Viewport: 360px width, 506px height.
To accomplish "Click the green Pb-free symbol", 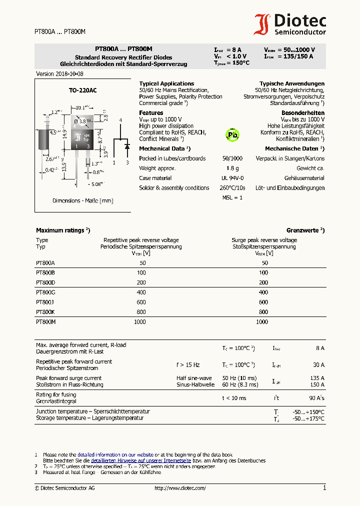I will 232,134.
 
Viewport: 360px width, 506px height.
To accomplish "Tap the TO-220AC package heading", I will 82,90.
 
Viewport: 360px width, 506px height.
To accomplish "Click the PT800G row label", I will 45,292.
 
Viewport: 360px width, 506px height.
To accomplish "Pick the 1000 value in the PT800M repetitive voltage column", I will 140,322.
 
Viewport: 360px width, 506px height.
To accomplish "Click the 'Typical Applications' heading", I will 166,83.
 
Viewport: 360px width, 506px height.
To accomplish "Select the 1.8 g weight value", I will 232,168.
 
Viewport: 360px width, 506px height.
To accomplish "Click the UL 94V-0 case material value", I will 232,178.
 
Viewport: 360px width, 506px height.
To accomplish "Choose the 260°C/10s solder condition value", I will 232,188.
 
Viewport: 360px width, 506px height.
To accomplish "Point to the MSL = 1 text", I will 232,197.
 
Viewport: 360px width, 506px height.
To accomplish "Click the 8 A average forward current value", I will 320,348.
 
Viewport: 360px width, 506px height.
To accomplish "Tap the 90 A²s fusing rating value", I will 316,398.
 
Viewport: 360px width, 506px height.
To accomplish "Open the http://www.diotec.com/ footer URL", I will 180,488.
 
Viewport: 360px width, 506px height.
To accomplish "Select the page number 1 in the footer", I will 324,488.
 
